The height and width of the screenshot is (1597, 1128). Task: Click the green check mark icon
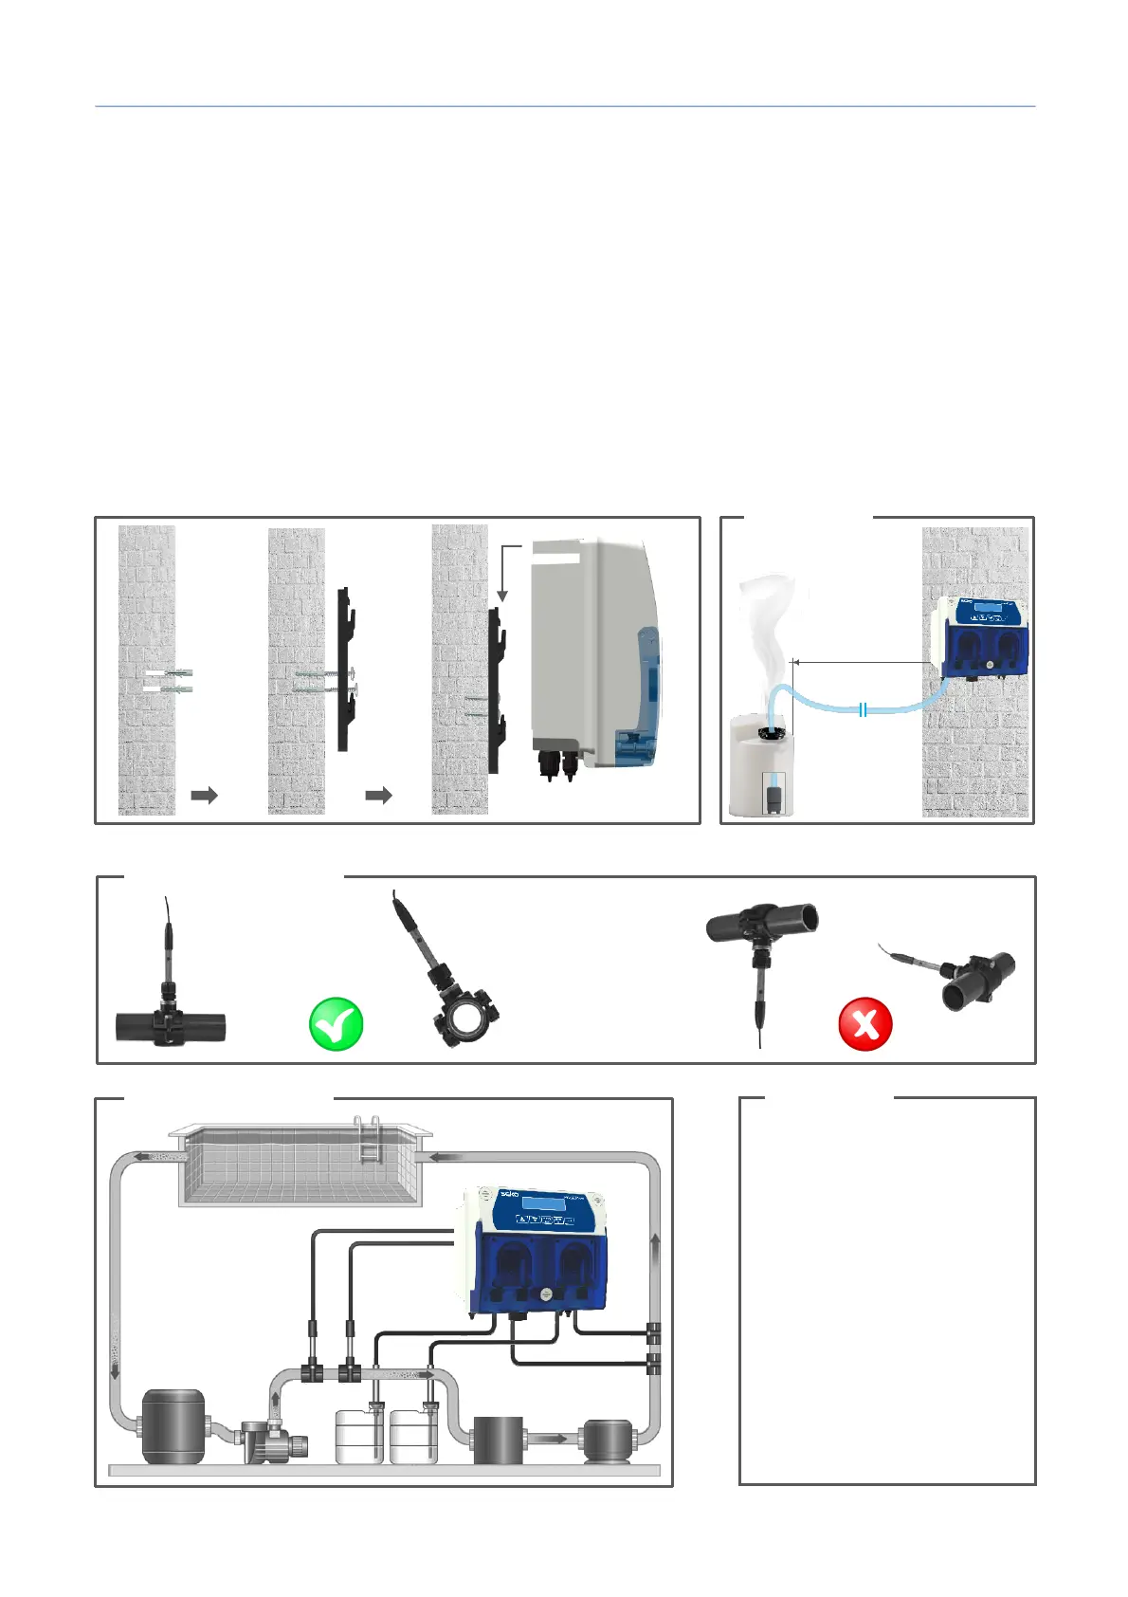337,1024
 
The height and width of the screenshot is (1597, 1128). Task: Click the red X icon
865,1024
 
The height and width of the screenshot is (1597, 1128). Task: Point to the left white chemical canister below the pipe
361,1438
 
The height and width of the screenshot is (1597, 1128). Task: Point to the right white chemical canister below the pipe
414,1438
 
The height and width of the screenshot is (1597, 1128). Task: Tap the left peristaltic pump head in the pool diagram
512,1265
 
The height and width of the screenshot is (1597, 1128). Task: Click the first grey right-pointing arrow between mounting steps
204,795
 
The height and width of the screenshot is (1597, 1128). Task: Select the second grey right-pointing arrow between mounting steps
378,795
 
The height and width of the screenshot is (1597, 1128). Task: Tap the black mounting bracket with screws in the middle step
345,670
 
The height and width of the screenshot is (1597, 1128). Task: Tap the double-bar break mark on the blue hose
863,708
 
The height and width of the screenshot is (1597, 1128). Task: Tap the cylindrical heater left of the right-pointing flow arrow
498,1440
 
